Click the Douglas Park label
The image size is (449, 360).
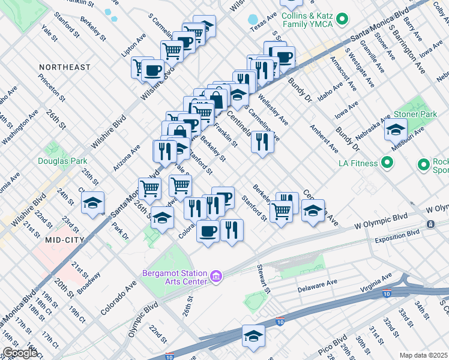click(62, 161)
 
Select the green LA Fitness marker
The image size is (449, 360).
click(387, 163)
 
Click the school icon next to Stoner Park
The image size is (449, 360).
click(396, 129)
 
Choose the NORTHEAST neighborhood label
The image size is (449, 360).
click(64, 67)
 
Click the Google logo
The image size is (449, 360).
click(20, 353)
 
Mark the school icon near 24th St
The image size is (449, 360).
click(92, 203)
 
